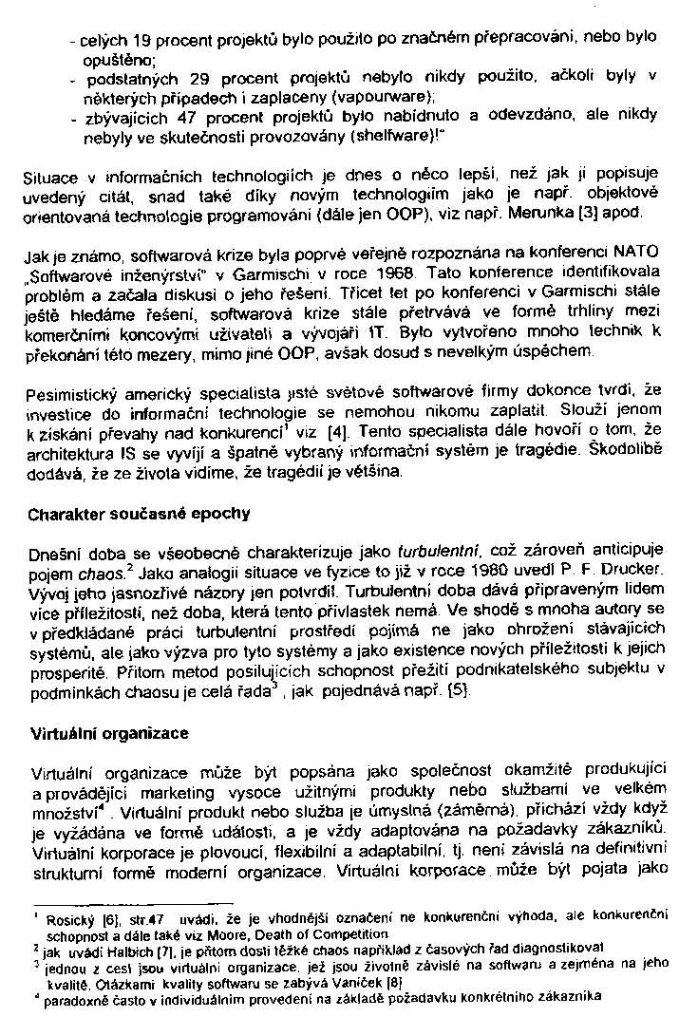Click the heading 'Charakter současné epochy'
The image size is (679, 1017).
[x=139, y=514]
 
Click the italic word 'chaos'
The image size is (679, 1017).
[x=97, y=571]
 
